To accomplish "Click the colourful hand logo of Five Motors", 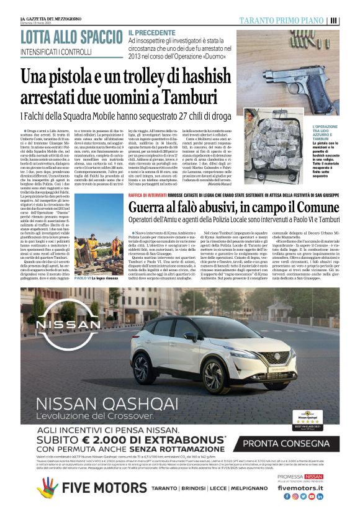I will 47,489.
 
